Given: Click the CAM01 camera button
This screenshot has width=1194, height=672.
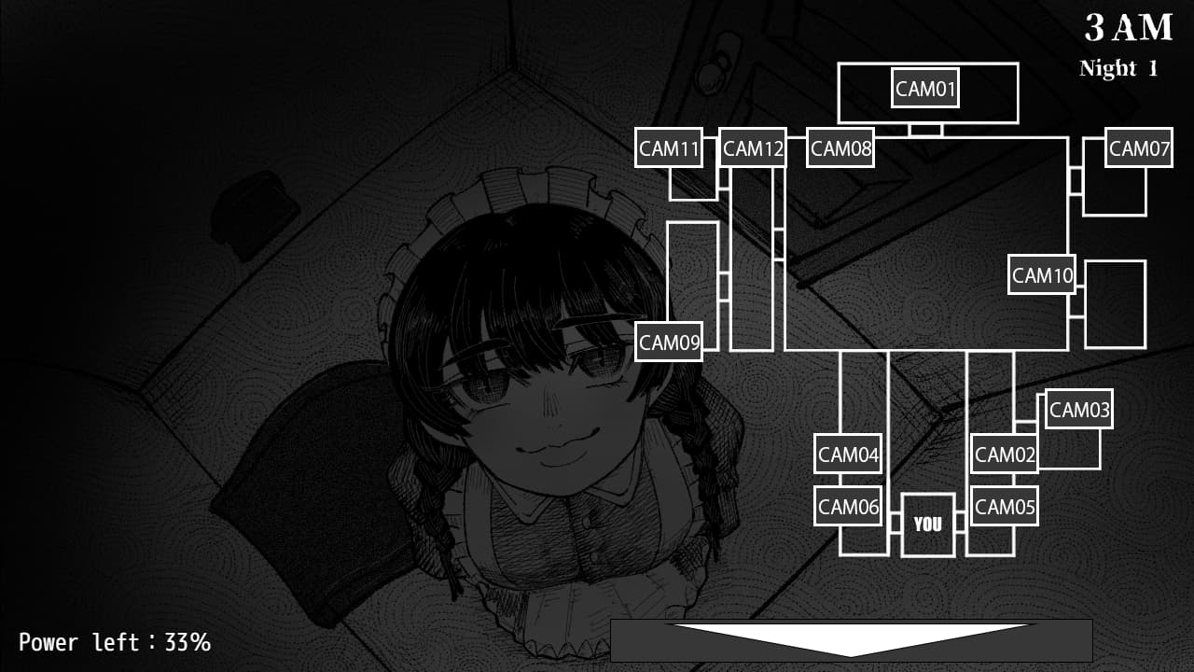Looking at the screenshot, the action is pos(924,89).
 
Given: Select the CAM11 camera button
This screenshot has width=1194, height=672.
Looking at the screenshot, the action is pos(668,147).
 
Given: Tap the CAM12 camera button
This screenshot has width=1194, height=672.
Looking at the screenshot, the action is pos(752,147).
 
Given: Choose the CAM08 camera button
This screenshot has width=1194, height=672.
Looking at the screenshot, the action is pos(840,147).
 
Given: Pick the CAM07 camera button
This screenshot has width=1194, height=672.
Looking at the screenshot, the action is pos(1138,147).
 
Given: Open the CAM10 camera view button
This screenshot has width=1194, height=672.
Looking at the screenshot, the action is pos(1041,274).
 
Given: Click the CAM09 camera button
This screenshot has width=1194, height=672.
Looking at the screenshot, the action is pos(668,342).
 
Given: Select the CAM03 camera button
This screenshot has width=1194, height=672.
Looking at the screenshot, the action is pos(1078,409).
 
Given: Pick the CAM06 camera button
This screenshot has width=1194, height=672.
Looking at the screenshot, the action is pos(847,506).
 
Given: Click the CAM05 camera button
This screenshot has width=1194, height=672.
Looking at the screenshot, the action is pos(1004,506).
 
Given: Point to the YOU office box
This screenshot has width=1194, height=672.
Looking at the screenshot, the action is pos(927,525).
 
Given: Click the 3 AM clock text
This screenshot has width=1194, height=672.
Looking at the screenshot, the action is pos(1128,29).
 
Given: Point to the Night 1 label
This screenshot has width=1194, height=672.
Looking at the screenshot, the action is pos(1118,68).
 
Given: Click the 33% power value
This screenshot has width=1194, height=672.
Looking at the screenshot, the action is pos(187,642).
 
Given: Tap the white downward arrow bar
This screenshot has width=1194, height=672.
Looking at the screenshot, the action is pos(851,639).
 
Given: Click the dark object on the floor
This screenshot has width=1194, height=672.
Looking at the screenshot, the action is pos(253,213).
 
